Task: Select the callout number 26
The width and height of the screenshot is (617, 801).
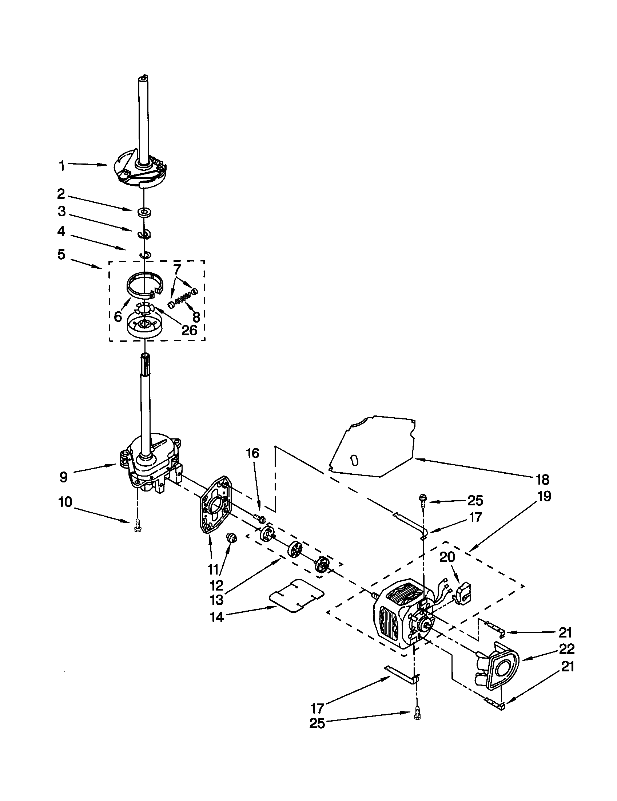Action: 189,330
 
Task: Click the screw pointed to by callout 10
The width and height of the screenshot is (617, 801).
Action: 138,526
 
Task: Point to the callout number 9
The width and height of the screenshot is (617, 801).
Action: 63,477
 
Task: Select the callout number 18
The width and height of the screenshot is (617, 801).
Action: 542,479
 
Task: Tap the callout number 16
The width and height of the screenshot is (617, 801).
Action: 252,453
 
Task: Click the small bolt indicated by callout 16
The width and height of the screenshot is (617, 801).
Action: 260,518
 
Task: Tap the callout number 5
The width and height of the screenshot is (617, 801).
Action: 61,254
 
